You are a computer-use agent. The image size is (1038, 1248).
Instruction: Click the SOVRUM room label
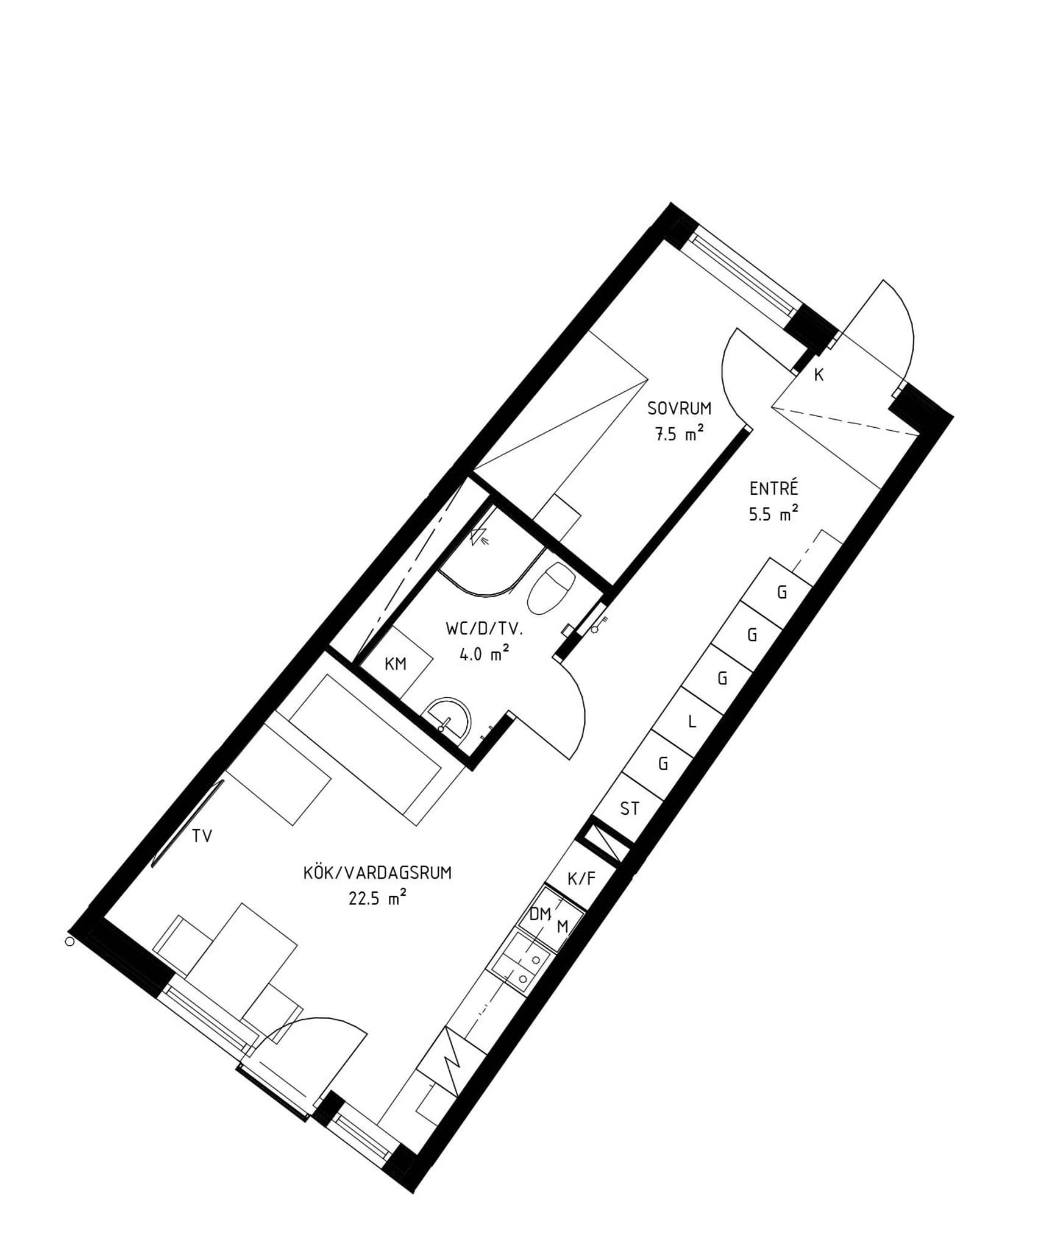coord(679,408)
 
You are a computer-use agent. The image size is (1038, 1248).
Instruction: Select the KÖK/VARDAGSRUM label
coord(377,873)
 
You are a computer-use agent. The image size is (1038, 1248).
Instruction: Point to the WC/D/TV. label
coord(484,629)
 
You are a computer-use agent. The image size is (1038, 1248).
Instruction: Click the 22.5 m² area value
coord(377,898)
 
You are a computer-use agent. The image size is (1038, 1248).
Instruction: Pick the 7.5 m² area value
coord(679,433)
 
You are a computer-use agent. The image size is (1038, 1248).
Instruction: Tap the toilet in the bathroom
coord(549,588)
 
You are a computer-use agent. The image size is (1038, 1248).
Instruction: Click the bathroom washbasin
coord(450,718)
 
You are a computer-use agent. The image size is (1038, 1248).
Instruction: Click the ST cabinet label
coord(629,808)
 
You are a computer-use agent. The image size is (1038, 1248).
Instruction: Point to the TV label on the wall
coord(202,836)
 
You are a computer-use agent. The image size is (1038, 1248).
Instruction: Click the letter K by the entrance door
coord(819,375)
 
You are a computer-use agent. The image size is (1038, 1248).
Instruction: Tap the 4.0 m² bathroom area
coord(484,654)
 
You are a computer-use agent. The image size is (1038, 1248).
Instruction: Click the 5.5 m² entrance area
coord(773,514)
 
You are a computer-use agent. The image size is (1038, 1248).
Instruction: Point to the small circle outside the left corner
coord(69,942)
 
